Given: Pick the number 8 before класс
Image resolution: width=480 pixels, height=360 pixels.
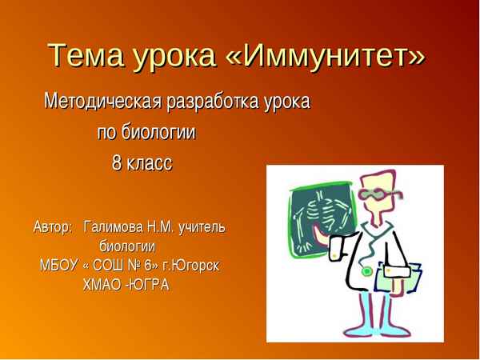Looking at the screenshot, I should point(117,162).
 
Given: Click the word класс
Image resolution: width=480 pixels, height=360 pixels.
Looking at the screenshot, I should point(150,162).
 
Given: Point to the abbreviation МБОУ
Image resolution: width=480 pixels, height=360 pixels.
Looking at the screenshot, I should point(58,265).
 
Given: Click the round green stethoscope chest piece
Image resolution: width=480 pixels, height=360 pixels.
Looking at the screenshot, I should point(366,271).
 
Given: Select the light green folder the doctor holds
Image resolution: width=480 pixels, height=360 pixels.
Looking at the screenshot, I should point(395,277).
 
